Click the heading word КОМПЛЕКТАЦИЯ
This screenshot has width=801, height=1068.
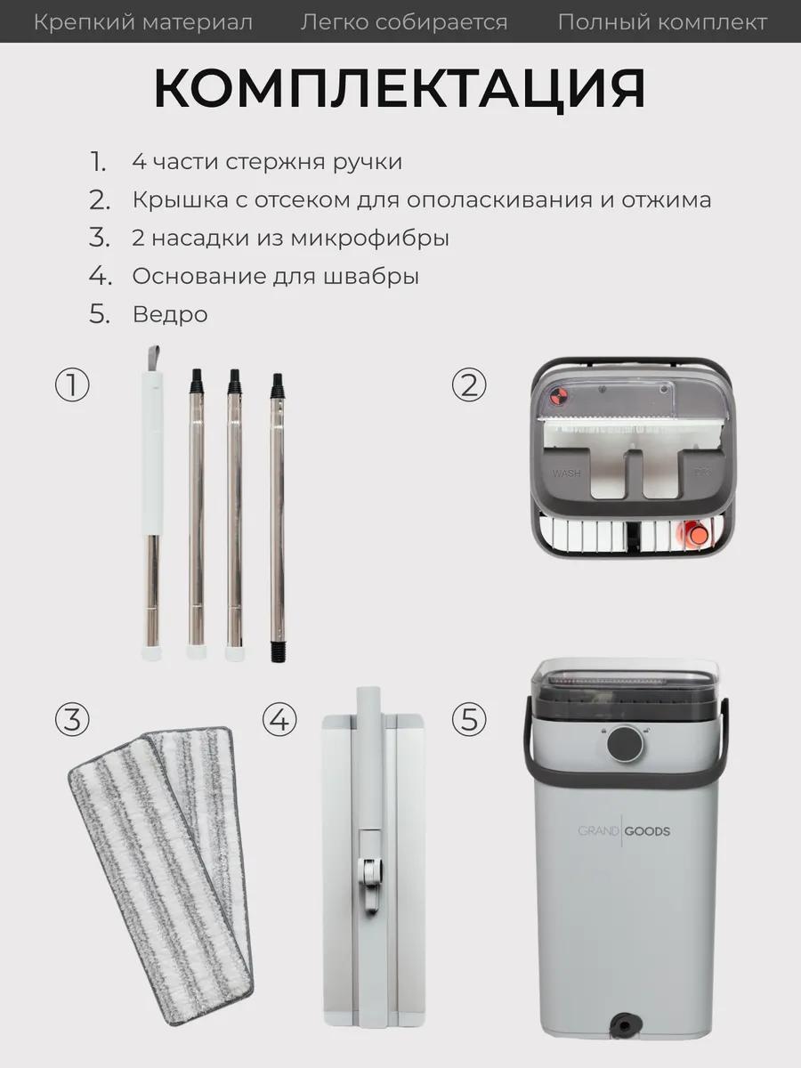tap(400, 88)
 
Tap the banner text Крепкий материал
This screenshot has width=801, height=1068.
tap(143, 22)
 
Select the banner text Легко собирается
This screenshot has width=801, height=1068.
tap(404, 22)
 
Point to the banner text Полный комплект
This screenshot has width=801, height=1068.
tap(662, 22)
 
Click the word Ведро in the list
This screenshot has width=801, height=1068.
tap(170, 314)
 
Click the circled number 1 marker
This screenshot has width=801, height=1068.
tap(72, 384)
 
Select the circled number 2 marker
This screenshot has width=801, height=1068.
tap(469, 384)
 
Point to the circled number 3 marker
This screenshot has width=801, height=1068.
tap(72, 719)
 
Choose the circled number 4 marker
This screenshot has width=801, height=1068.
tap(279, 719)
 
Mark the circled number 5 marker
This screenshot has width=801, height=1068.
tap(469, 719)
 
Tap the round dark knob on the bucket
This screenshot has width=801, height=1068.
tap(625, 743)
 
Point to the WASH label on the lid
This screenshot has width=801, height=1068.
tap(567, 473)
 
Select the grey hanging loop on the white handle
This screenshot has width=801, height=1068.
tap(153, 358)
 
